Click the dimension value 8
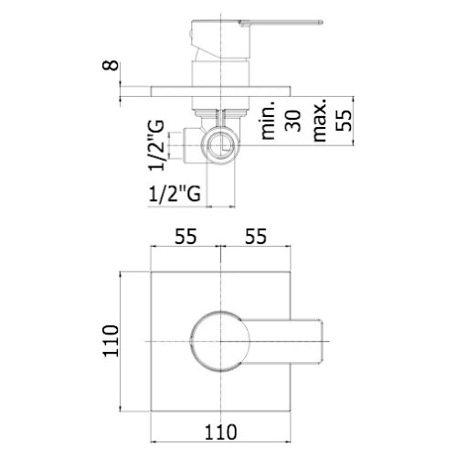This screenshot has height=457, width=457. click(111, 65)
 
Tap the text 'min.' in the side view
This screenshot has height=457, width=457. click(268, 121)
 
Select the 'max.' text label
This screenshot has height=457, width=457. click(319, 120)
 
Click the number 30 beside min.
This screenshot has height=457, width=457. click(292, 121)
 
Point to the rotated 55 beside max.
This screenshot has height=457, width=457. click(344, 121)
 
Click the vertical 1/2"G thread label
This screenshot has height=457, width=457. click(156, 145)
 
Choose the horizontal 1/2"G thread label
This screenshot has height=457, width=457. click(175, 193)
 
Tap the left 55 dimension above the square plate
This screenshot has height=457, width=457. click(186, 236)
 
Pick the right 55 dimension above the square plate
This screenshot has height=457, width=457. click(256, 236)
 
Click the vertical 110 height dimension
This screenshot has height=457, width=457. click(111, 341)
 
